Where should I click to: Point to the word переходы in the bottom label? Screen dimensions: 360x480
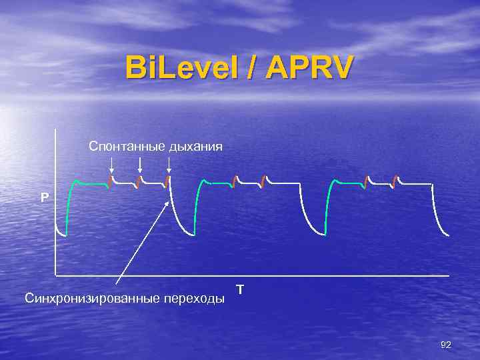pos(193,298)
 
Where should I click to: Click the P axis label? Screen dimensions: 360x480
pos(45,197)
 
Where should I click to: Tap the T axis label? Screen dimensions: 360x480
pos(240,289)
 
